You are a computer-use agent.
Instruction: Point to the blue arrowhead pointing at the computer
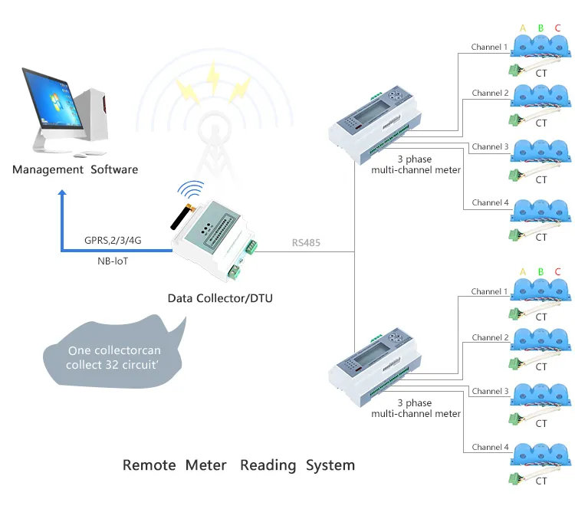(63, 196)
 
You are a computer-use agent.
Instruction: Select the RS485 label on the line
(306, 244)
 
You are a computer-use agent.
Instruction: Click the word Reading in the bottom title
(268, 465)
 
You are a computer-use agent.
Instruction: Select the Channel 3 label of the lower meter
(490, 391)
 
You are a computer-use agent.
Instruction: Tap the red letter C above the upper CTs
(557, 28)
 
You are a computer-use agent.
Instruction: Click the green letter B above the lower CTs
(540, 272)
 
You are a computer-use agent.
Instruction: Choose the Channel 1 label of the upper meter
(490, 48)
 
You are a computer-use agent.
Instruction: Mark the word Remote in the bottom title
(149, 465)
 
